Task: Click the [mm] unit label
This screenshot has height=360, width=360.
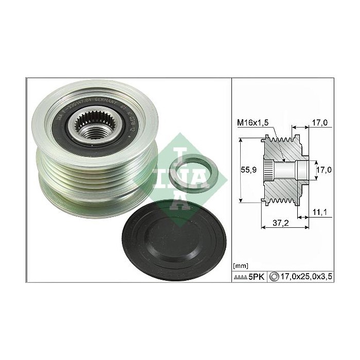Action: tap(240, 265)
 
